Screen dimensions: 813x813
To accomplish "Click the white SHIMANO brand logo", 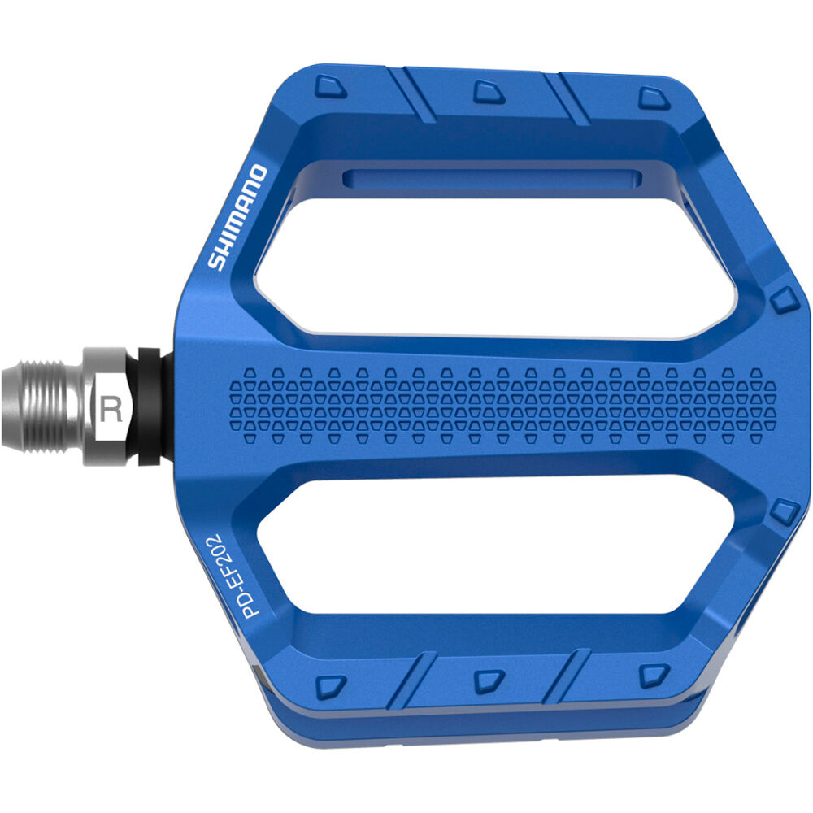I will point(237,217).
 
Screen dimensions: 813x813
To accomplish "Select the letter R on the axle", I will point(111,407).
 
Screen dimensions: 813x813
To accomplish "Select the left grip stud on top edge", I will point(330,87).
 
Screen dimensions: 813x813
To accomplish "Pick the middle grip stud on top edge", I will point(489,92).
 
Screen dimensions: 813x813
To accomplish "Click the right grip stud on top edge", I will point(654,98).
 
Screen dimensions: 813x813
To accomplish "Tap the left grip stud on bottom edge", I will point(330,685).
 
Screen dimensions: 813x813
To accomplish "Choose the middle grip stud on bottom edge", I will point(489,680).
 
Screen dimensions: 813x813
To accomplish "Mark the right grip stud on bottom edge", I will point(654,675).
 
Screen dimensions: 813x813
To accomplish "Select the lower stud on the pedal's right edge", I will point(785,512).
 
